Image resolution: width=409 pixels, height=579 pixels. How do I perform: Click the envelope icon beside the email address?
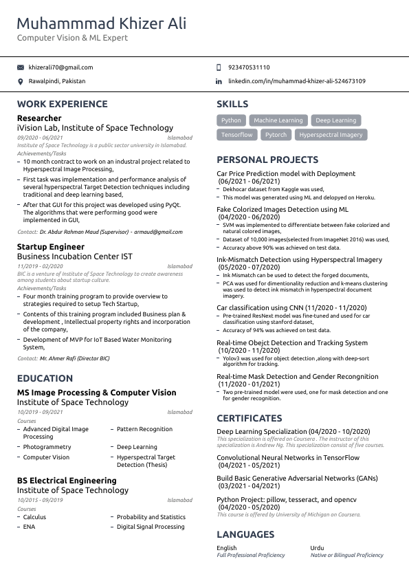coord(20,67)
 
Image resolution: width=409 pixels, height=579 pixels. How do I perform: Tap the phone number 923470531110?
coord(248,67)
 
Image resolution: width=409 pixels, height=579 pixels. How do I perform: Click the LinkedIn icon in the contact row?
coord(219,81)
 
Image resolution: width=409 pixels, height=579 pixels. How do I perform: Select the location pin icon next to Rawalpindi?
coord(20,81)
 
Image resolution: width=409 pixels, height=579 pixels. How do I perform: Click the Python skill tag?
coord(231,120)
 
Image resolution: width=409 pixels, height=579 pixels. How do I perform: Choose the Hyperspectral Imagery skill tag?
coord(331,135)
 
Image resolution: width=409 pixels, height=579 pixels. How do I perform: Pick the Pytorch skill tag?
coord(276,135)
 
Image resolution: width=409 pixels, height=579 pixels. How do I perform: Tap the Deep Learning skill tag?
coord(335,120)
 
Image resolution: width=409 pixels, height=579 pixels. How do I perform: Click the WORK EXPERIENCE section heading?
coord(62,104)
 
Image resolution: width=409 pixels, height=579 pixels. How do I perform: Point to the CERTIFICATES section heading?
coord(249,418)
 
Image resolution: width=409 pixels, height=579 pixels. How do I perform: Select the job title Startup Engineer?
coord(51,246)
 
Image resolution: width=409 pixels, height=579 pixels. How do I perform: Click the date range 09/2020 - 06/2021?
coord(40,138)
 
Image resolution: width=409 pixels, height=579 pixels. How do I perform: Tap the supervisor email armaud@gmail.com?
coord(158,232)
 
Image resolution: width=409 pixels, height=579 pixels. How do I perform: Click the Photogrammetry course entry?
coord(47,447)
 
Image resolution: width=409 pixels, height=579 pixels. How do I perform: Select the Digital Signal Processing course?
coord(151,527)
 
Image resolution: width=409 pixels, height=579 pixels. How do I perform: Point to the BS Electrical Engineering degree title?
coord(67,481)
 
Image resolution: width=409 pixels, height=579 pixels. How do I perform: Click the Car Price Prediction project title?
coord(286,174)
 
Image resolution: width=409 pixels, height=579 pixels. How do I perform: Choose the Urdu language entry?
coord(318,548)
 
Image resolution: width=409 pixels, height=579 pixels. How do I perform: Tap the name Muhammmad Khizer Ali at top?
coord(101,24)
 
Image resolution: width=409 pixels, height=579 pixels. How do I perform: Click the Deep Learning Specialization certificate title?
coord(293,431)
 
